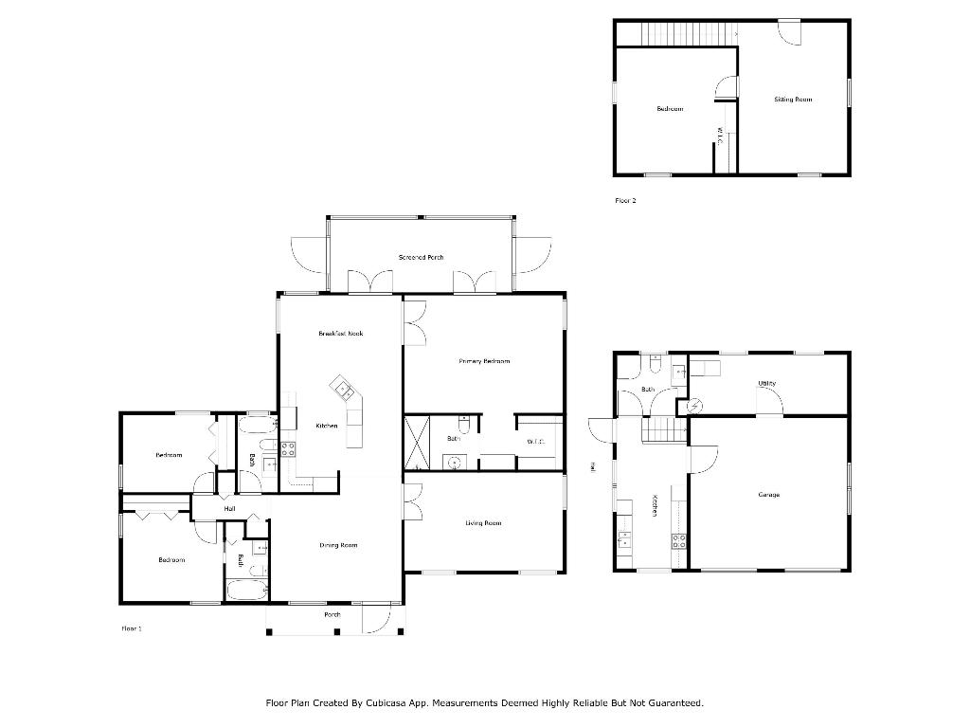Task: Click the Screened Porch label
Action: click(x=421, y=258)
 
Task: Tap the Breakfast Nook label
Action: click(x=341, y=334)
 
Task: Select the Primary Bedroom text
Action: click(x=484, y=361)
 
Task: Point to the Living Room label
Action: click(x=483, y=523)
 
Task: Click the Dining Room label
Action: click(x=338, y=545)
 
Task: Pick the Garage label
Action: click(x=768, y=495)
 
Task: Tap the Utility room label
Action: click(x=767, y=384)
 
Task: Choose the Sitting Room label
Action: click(x=793, y=100)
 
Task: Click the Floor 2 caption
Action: click(x=625, y=201)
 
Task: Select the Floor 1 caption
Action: click(x=132, y=628)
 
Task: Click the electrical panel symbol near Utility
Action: click(x=693, y=406)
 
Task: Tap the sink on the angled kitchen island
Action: click(x=342, y=388)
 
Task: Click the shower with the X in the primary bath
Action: click(x=420, y=442)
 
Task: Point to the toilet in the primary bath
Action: click(x=463, y=421)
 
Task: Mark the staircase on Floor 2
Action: click(x=675, y=33)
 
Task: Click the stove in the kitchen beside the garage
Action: click(x=679, y=542)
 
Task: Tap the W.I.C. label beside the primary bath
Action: click(x=535, y=442)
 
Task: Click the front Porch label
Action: click(x=332, y=615)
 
